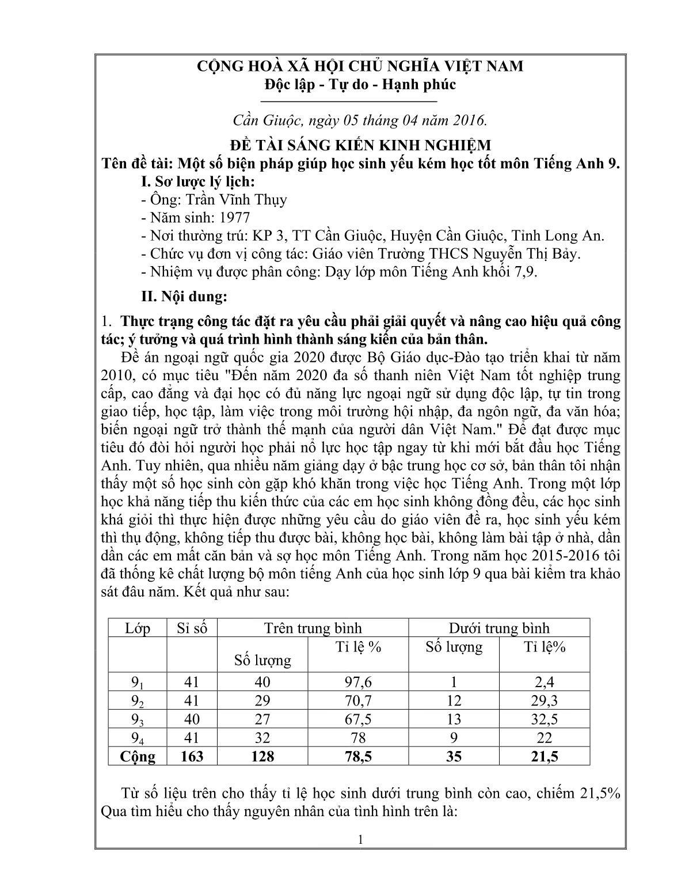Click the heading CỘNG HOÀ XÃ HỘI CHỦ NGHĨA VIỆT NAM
tap(360, 66)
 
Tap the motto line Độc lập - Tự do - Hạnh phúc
tap(360, 85)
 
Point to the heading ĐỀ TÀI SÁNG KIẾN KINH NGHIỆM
tap(360, 144)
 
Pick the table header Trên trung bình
tap(313, 628)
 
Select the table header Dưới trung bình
tap(499, 628)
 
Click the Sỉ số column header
tap(192, 628)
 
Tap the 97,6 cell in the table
tap(357, 683)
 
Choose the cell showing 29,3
tap(544, 701)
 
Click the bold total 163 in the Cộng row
tap(192, 756)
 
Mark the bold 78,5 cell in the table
tap(357, 756)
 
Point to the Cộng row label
tap(138, 756)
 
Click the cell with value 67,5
tap(357, 719)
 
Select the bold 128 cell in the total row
tap(262, 756)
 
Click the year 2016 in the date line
tap(469, 120)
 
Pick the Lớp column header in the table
tap(138, 628)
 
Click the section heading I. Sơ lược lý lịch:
tap(197, 181)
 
